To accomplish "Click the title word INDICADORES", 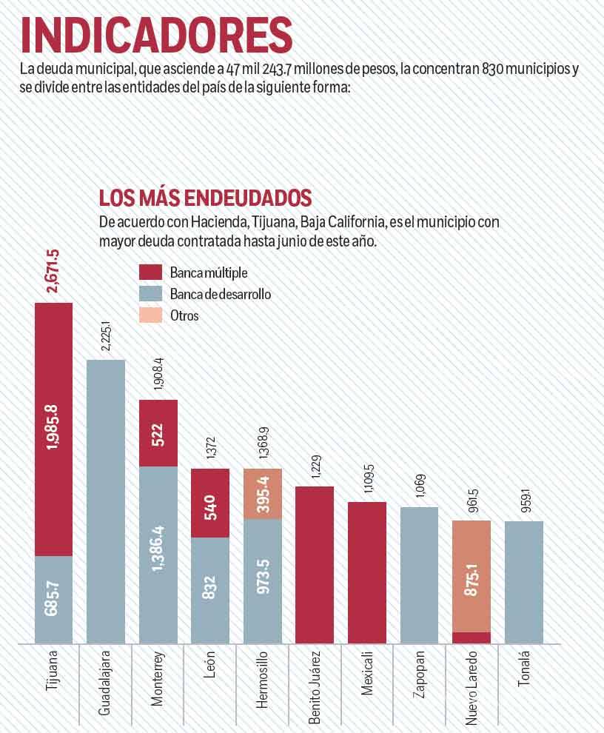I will tap(155, 36).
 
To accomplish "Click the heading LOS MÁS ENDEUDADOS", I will tap(205, 198).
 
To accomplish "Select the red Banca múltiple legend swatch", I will tap(150, 272).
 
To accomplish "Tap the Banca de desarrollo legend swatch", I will tap(150, 294).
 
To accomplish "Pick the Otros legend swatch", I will tap(150, 315).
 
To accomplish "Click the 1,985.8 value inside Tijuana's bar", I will tap(54, 429).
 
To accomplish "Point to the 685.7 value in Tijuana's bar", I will tap(54, 599).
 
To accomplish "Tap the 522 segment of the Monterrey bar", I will tap(158, 433).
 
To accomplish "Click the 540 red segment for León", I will tap(210, 503).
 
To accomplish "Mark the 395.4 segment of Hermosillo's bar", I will tap(263, 494).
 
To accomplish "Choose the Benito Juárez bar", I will tap(315, 564).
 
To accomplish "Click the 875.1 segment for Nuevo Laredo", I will tap(472, 576).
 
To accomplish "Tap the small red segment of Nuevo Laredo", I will tap(472, 637).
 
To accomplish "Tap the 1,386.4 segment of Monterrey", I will tap(158, 555).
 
